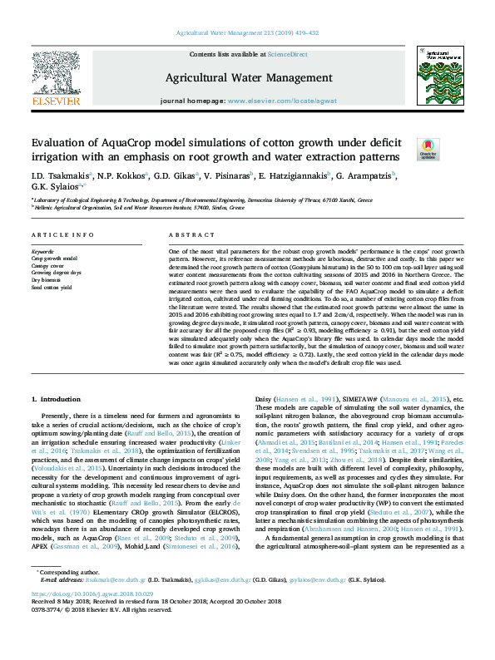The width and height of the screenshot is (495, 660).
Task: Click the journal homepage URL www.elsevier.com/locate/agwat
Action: click(x=282, y=100)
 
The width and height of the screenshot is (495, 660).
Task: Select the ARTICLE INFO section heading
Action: click(x=62, y=235)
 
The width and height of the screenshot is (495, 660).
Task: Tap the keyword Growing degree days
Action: click(x=56, y=272)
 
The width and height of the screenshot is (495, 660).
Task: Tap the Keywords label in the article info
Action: click(x=42, y=250)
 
